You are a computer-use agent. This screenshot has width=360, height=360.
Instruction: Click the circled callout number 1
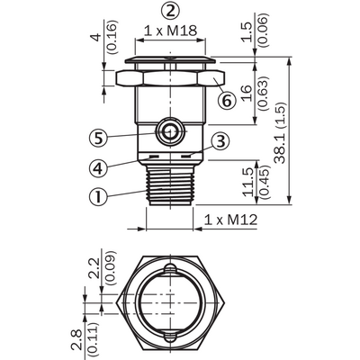point(98,196)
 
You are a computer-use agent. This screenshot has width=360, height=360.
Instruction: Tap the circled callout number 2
point(170,12)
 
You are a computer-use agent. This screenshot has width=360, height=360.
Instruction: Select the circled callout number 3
point(220,141)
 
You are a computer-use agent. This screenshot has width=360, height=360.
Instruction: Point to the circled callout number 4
point(98,167)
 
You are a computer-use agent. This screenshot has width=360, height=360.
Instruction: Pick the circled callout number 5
point(98,138)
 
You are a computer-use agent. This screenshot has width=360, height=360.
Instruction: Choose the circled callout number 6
point(227,100)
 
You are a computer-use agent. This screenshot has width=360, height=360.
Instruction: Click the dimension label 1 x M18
point(170,31)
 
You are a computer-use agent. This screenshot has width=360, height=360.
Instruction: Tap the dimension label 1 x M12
point(230,220)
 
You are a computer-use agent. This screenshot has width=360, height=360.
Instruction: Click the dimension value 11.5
point(248,182)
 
